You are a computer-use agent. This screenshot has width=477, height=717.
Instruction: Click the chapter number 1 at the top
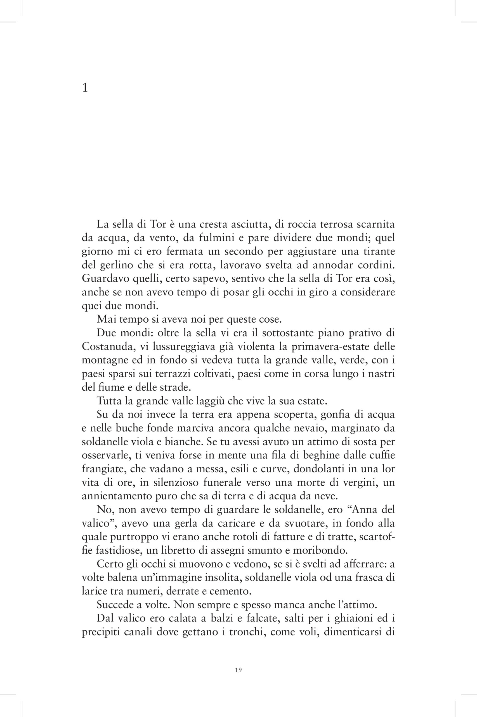click(x=85, y=88)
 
